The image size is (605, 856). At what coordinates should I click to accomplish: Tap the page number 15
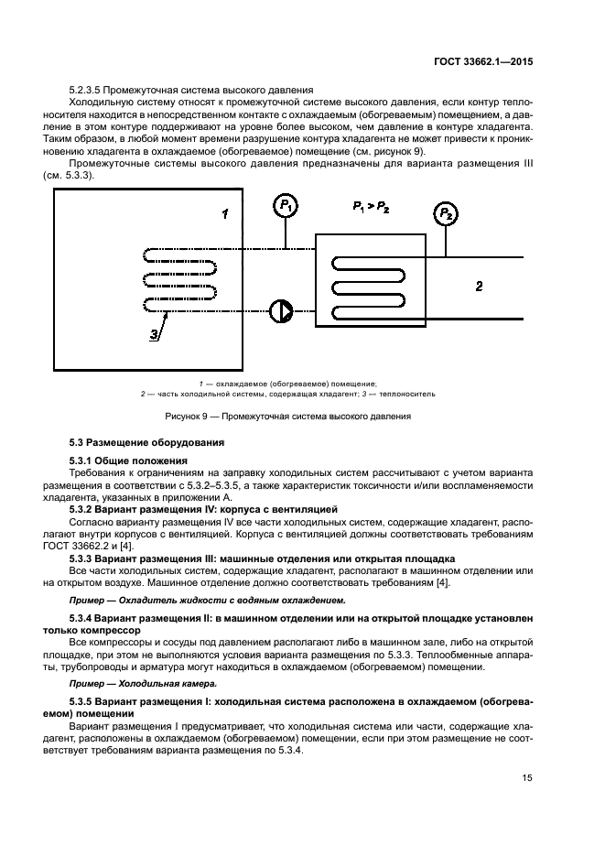(x=527, y=778)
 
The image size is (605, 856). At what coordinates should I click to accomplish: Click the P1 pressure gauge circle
(x=286, y=208)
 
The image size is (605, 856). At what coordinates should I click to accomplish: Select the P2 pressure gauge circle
(x=445, y=215)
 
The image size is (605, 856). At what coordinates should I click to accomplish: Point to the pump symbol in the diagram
(x=280, y=311)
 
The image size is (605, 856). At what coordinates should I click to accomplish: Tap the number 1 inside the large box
(x=223, y=213)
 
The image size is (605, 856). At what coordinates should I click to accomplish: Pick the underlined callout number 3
(x=154, y=336)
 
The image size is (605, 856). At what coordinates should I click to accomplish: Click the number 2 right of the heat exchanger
(x=479, y=287)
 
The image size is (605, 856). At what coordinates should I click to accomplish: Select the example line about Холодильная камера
(x=130, y=683)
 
